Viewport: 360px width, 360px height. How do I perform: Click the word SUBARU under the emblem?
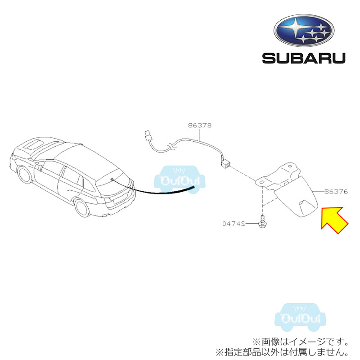pyautogui.click(x=304, y=58)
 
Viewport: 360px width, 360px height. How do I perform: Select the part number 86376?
pyautogui.click(x=336, y=191)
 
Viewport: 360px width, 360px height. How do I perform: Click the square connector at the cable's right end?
pyautogui.click(x=225, y=163)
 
